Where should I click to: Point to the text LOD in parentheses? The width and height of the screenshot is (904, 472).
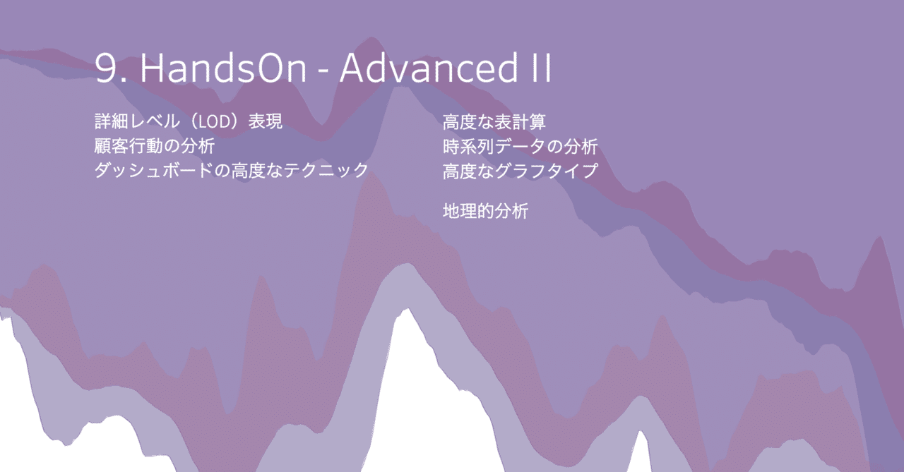pyautogui.click(x=215, y=122)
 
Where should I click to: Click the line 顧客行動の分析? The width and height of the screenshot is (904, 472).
pyautogui.click(x=154, y=146)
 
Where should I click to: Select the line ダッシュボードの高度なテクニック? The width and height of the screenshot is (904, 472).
pyautogui.click(x=231, y=170)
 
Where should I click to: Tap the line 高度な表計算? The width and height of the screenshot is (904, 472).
pyautogui.click(x=494, y=122)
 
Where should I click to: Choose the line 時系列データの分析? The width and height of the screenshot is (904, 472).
pyautogui.click(x=521, y=146)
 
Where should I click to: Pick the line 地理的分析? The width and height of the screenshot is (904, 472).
pyautogui.click(x=485, y=210)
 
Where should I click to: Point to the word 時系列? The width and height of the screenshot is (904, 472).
pyautogui.click(x=468, y=146)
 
